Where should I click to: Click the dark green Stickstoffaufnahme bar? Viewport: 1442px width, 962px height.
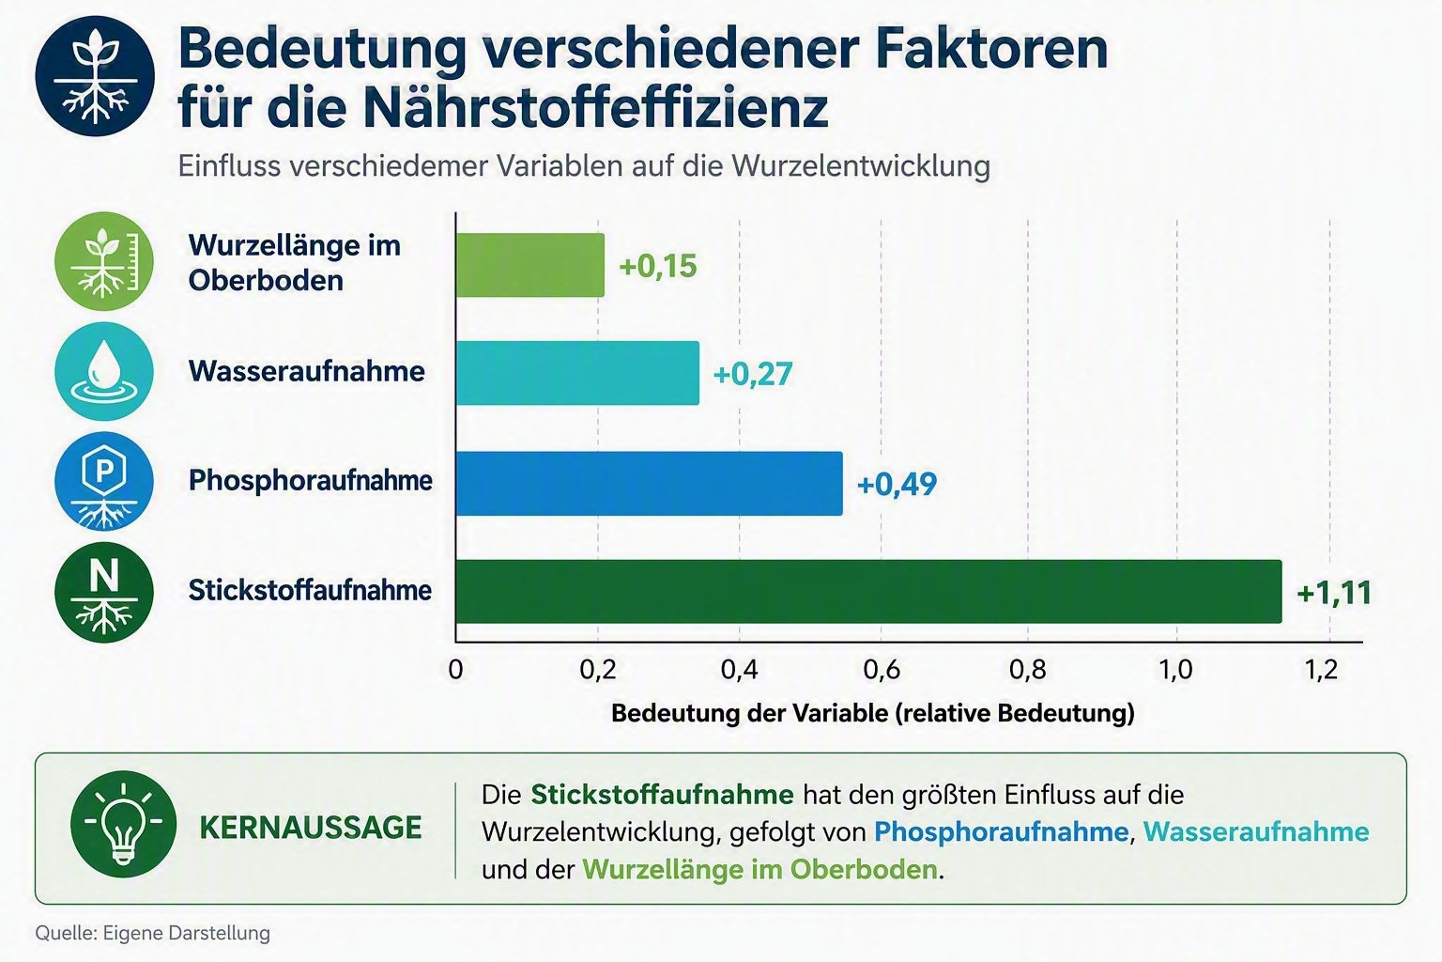868,592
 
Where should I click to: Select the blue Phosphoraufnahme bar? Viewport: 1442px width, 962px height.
649,483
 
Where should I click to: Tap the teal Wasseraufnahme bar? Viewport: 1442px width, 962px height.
577,373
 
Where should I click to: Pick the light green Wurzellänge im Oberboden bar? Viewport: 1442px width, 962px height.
529,265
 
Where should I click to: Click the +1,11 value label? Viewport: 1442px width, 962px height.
1334,593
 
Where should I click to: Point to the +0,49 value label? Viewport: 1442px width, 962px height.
897,484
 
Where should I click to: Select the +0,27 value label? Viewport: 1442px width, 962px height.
753,374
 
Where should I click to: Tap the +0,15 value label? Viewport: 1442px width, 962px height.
658,266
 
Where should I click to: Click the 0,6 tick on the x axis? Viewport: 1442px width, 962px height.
882,670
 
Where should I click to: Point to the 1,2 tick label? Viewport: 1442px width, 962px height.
1321,670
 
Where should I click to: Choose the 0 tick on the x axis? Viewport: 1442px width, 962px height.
455,670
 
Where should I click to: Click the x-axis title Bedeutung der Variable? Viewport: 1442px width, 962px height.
872,713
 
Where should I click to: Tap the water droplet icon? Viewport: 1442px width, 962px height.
104,372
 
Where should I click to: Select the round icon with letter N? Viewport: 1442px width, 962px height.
104,592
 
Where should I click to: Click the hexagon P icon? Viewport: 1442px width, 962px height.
104,481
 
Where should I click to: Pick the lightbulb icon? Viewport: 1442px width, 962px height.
124,824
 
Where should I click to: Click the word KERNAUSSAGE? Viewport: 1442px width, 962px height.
311,828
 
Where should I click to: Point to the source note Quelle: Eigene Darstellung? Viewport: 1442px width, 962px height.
153,933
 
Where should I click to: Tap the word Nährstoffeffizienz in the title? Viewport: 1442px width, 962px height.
595,108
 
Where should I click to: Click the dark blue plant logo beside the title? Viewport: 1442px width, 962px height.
95,76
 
